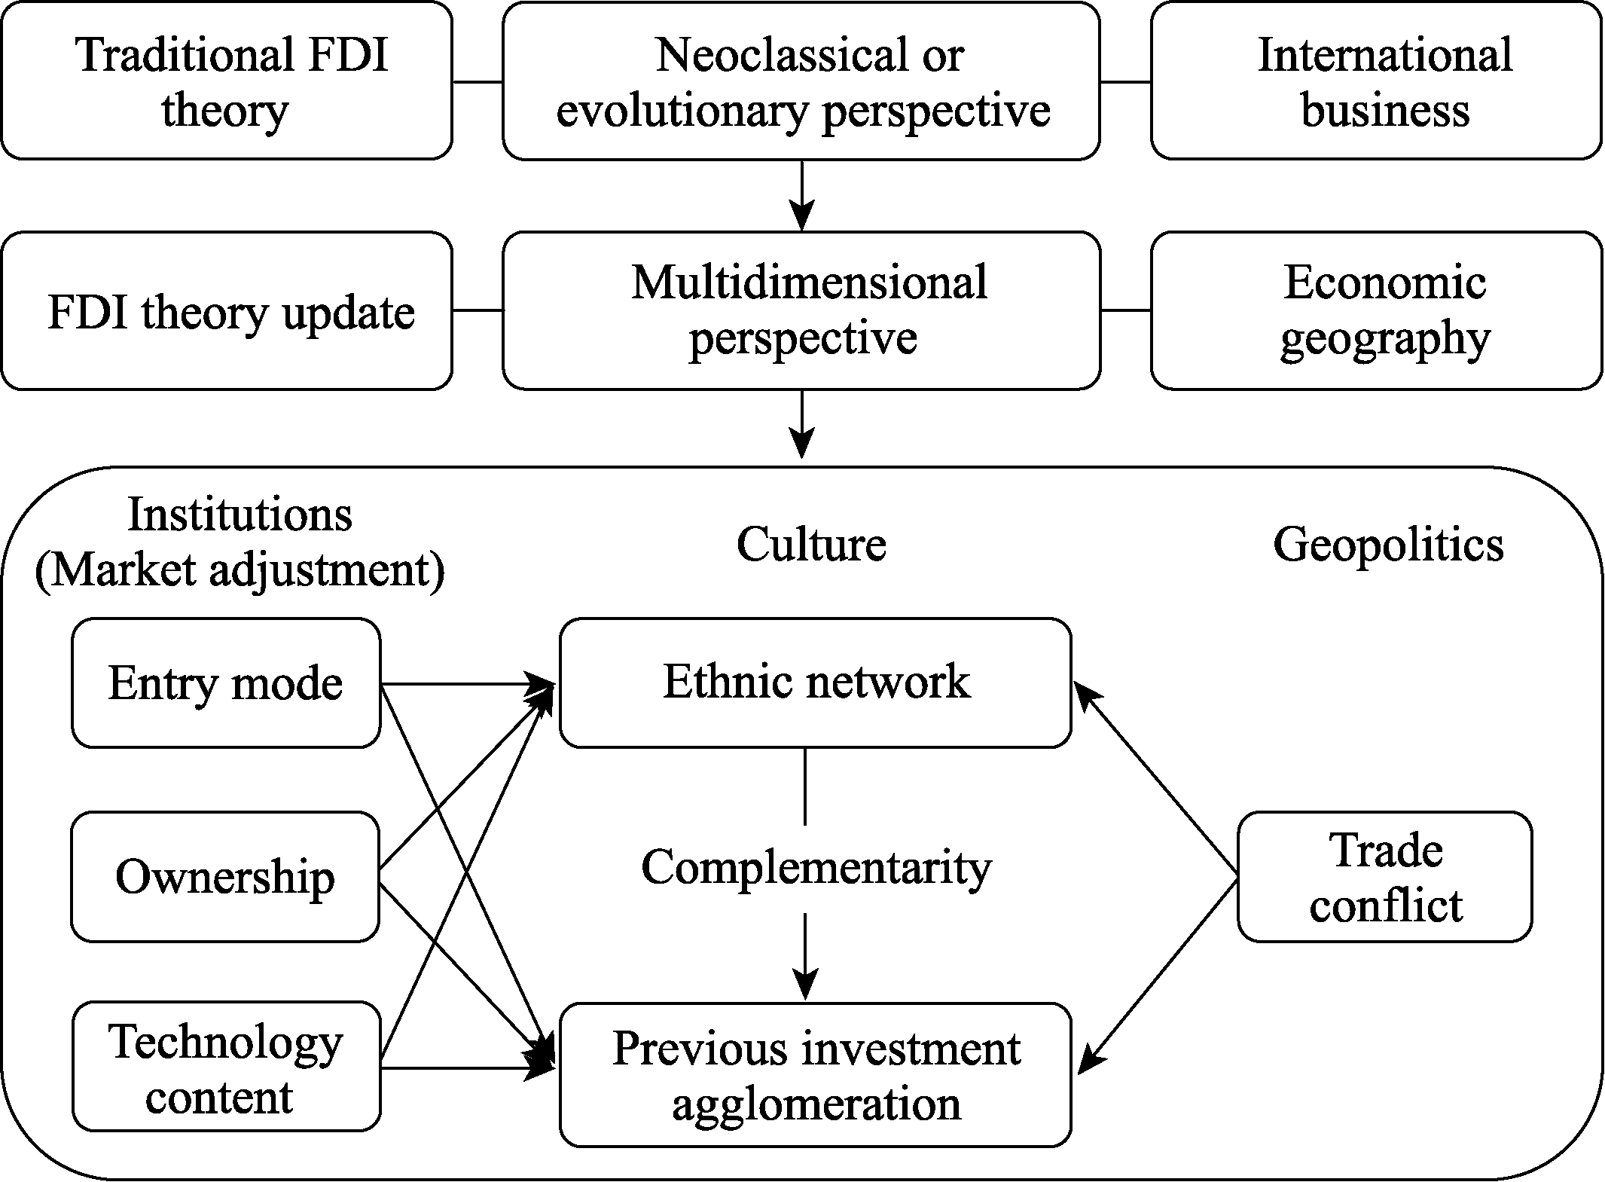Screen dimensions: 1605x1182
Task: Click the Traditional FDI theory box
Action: point(227,81)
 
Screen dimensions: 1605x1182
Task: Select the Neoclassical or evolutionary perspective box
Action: point(801,81)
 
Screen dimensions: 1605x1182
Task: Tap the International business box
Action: point(1377,81)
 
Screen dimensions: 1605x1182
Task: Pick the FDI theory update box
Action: point(227,310)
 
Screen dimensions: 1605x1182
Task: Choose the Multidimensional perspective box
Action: point(801,310)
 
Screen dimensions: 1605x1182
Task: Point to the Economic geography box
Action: point(1377,310)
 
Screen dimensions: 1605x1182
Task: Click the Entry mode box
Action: point(226,683)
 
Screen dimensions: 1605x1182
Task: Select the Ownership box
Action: point(225,877)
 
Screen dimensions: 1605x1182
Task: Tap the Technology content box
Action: point(226,1067)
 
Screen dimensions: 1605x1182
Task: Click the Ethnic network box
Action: point(816,683)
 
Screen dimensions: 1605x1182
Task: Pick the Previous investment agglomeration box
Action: point(816,1075)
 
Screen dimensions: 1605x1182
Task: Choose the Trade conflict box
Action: point(1385,877)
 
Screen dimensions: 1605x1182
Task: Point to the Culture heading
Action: point(811,544)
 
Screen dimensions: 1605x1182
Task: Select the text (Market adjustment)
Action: point(240,571)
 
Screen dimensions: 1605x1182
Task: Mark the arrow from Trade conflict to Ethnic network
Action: point(1155,780)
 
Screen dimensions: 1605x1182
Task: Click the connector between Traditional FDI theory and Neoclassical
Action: point(478,81)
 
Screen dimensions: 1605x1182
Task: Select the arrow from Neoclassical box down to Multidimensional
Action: point(802,195)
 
